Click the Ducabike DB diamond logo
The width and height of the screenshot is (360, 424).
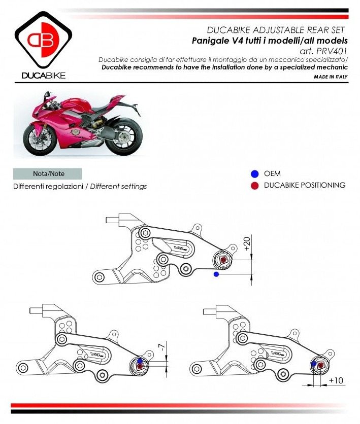pos(43,41)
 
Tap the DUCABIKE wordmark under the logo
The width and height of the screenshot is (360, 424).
pos(43,76)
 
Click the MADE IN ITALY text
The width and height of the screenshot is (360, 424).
pos(331,76)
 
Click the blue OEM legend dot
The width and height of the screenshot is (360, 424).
pos(254,173)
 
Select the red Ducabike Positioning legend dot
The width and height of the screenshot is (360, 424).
pos(254,185)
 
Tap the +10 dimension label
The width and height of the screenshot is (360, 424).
pos(336,380)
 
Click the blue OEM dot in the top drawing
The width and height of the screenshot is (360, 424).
pos(216,274)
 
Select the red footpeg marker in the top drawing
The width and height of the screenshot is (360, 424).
pos(224,260)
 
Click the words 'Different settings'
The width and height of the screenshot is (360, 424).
pos(118,186)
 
